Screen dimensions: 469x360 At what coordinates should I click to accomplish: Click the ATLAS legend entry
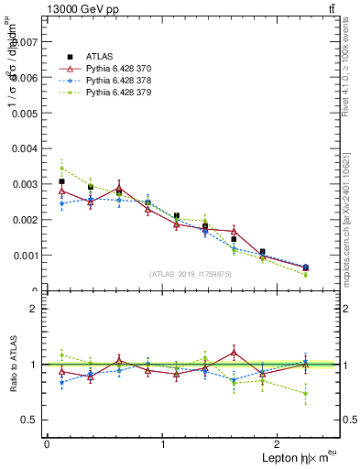(99, 56)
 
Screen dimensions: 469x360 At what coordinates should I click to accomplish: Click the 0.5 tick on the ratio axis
(29, 420)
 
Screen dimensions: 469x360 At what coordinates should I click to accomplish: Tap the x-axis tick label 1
(163, 444)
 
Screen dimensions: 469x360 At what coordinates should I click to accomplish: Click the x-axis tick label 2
(279, 444)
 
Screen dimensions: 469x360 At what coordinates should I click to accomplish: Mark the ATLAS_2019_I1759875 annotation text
(191, 273)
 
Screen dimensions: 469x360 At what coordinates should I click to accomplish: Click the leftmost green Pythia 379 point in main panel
(61, 169)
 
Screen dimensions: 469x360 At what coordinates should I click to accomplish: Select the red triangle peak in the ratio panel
(235, 352)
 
